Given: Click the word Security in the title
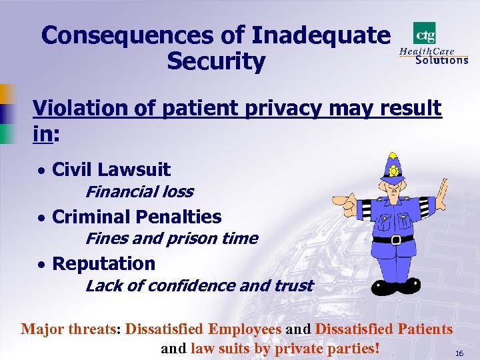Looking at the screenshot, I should click(216, 61).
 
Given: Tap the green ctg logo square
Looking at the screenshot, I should click(425, 33).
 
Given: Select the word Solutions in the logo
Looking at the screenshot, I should click(441, 59).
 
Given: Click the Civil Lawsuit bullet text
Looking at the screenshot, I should click(111, 170).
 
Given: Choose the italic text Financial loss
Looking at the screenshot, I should click(139, 192).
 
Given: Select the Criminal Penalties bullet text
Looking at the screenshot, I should click(136, 217).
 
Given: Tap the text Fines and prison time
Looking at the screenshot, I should click(171, 239).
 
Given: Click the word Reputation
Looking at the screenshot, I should click(103, 263).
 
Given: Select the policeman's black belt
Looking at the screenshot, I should click(393, 239).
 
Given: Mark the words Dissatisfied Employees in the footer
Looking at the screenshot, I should click(203, 329).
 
